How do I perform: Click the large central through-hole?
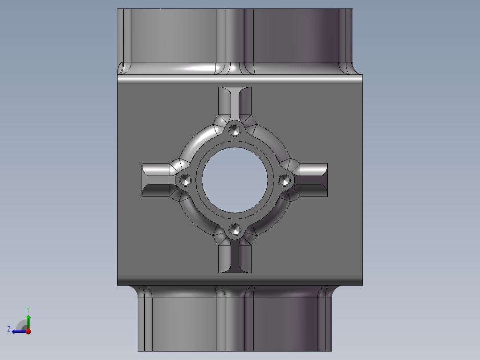click(235, 180)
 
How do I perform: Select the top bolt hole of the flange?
click(235, 131)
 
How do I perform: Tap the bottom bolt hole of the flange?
click(235, 229)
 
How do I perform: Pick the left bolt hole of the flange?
click(185, 180)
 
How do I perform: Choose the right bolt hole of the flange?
click(285, 180)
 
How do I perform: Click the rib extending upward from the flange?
click(235, 103)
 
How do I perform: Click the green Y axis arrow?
click(28, 322)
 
